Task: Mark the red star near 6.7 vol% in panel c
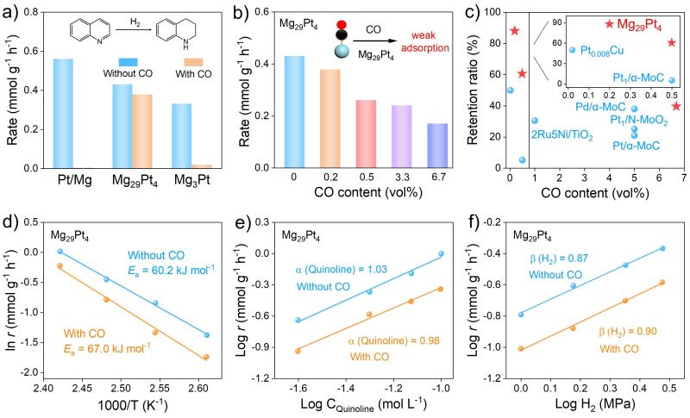pos(676,106)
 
